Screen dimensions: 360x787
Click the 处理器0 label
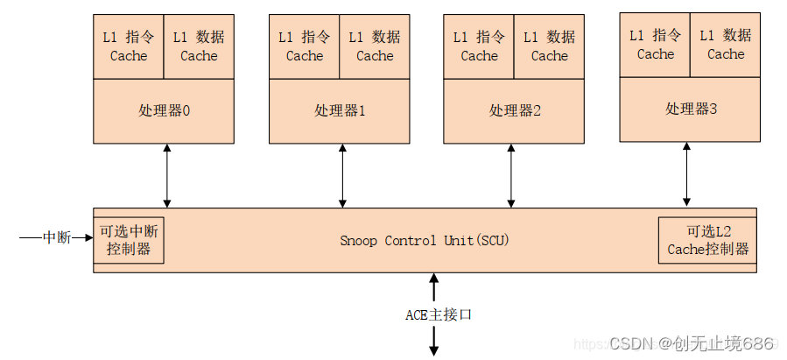(x=164, y=111)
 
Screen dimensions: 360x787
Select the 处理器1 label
(x=340, y=111)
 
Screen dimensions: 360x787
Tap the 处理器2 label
(x=515, y=111)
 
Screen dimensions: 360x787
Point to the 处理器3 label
(x=691, y=109)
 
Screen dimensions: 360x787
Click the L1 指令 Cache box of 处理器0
(x=129, y=46)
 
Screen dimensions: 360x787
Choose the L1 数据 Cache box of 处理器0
(x=199, y=46)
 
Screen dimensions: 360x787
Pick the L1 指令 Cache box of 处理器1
(x=304, y=46)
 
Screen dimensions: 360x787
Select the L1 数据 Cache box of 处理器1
(x=375, y=46)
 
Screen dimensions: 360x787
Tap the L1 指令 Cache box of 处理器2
(x=479, y=46)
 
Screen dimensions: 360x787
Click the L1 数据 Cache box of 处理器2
(x=549, y=46)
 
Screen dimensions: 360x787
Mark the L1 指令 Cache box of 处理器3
(x=655, y=45)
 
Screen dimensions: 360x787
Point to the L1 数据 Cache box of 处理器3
(x=726, y=45)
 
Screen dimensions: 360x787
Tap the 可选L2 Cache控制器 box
(x=707, y=240)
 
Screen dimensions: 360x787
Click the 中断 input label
(x=57, y=237)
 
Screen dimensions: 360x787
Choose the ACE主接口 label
(x=438, y=314)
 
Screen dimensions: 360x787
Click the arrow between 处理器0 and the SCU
(x=166, y=175)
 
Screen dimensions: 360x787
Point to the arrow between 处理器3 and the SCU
(x=686, y=174)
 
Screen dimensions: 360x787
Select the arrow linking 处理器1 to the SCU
(x=342, y=175)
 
